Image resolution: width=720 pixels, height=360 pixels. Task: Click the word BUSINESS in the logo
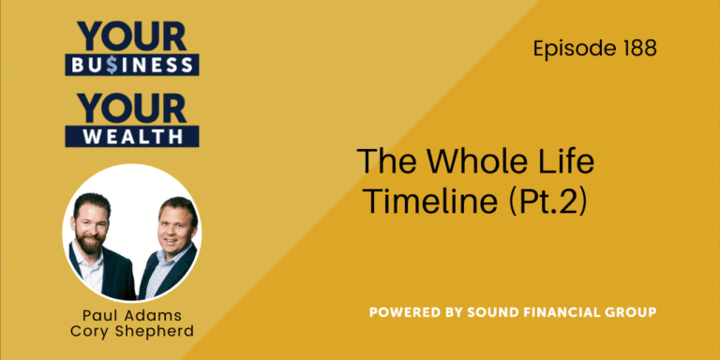131,65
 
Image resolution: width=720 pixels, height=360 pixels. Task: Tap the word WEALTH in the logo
131,135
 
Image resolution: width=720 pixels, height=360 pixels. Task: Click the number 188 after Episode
638,49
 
